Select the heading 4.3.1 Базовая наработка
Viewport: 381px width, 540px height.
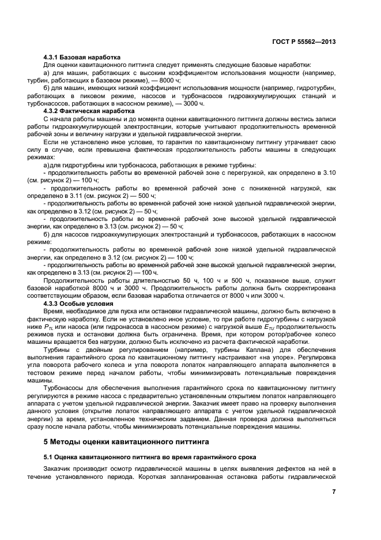coord(82,58)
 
